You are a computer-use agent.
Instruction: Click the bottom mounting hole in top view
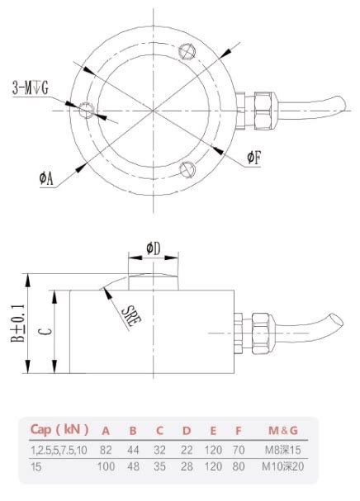[187, 169]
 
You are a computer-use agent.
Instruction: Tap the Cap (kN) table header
[60, 429]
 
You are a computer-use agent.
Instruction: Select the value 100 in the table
[107, 468]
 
